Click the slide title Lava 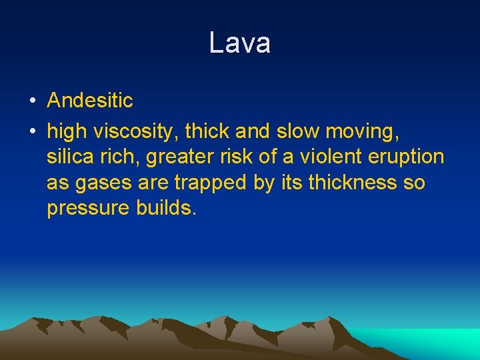tap(239, 43)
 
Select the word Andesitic tap(90, 101)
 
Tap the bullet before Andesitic tap(32, 101)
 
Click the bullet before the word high tap(32, 132)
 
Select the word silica tap(69, 157)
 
